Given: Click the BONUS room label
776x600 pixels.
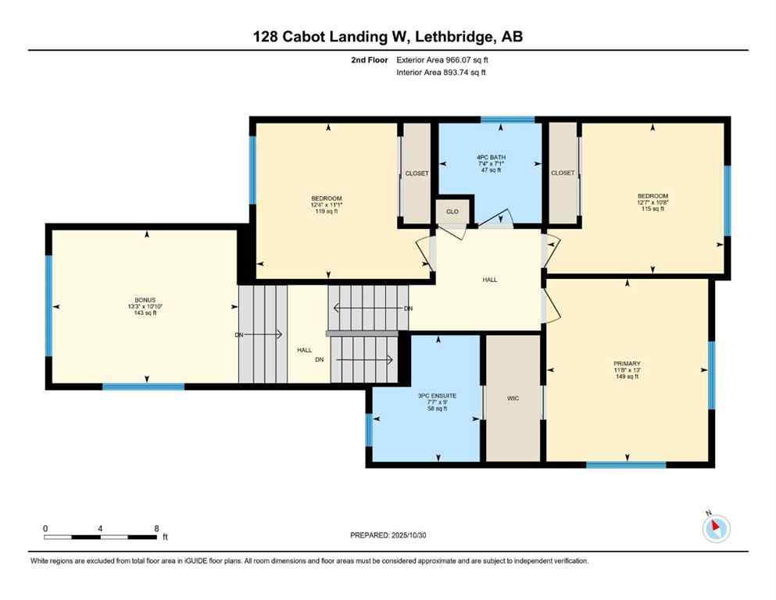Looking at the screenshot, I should coord(145,300).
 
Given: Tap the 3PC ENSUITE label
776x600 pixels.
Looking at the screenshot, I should coord(437,396).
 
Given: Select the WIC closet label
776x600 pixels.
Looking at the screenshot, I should coord(513,398).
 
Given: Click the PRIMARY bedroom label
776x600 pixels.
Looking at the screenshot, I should coord(626,363).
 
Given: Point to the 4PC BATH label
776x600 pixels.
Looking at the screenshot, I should coord(491,157).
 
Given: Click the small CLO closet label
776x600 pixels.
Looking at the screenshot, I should coord(452,212).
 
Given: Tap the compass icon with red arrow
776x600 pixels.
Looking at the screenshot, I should coord(716,529).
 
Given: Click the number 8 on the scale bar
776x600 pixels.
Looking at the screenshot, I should coord(156,528).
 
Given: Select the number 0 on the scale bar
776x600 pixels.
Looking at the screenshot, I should coord(45,528).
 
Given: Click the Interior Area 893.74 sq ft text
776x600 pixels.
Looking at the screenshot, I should coord(442,72).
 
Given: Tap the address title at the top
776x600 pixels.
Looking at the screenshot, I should coord(388,37).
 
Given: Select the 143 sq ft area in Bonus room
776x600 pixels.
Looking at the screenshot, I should coord(145,312).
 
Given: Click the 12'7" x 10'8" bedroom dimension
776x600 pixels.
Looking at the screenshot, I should coord(653,202).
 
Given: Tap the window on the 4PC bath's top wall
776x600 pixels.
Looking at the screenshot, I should coord(507,120).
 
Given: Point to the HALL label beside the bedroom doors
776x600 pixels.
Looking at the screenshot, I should coord(490,280).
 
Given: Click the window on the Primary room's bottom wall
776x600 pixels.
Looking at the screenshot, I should coord(626,465).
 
